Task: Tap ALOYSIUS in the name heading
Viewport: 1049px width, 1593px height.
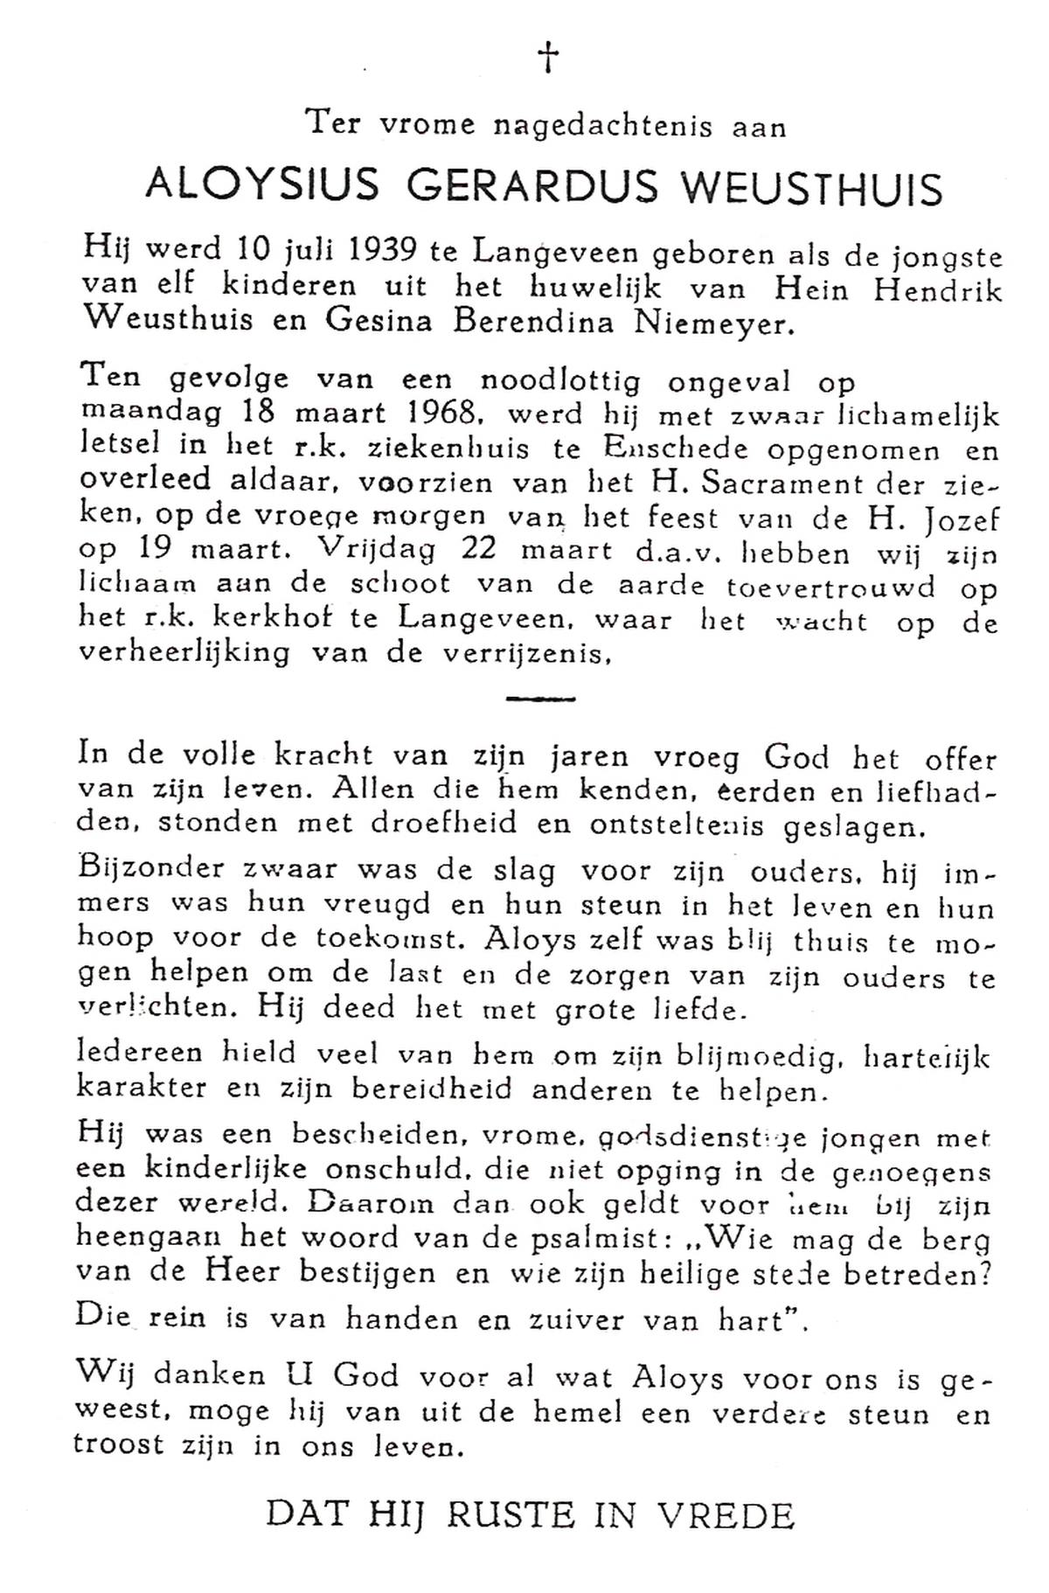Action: [262, 186]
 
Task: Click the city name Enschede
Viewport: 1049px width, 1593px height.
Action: [688, 449]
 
